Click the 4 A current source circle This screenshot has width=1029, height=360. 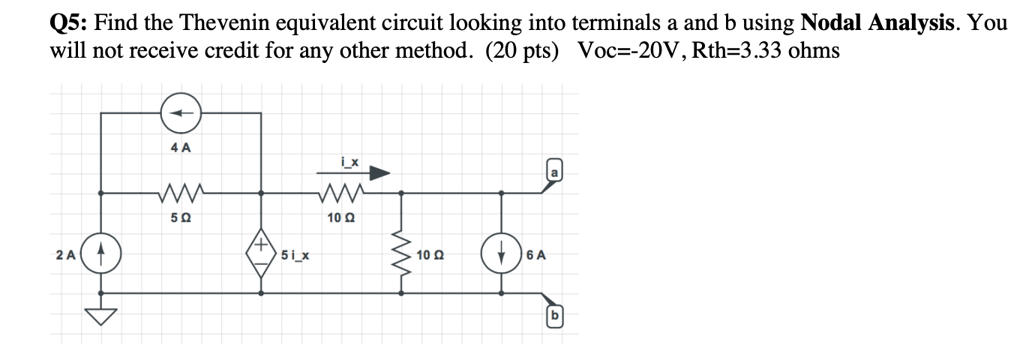181,113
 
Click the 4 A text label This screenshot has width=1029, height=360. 181,148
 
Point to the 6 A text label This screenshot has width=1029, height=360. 537,255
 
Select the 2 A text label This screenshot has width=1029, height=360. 66,255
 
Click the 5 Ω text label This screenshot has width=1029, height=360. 180,217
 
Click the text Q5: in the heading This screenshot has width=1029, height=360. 71,23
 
